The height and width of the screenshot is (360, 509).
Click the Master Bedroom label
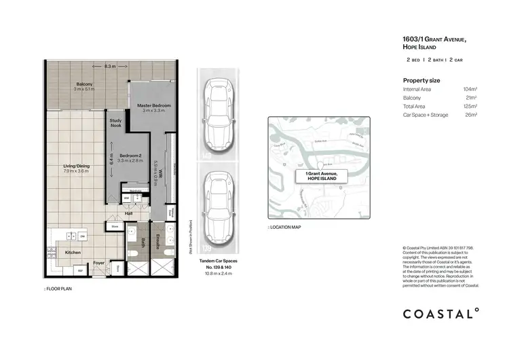pos(153,107)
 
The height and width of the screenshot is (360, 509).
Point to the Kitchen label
pos(73,253)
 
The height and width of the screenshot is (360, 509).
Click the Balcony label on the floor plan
pos(85,86)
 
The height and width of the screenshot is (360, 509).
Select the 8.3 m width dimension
pos(110,67)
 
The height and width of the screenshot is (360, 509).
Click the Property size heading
pos(421,80)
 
